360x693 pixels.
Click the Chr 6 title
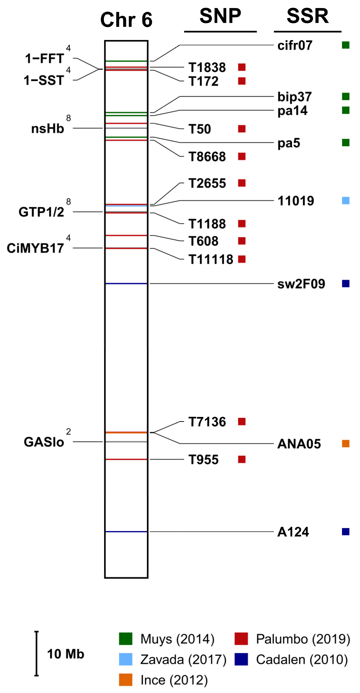tap(126, 20)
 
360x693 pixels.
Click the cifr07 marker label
tap(295, 45)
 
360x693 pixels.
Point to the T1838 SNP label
tap(207, 68)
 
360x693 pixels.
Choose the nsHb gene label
tap(48, 129)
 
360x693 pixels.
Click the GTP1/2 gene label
tap(41, 212)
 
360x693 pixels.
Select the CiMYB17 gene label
tap(35, 248)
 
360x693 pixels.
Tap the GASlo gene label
tap(44, 442)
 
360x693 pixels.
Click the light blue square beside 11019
tap(345, 201)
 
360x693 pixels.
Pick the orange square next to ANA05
tap(345, 444)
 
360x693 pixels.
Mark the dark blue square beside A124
tap(345, 532)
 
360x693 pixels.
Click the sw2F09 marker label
tap(301, 284)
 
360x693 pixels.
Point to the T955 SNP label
tap(203, 460)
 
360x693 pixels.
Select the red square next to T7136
tap(242, 422)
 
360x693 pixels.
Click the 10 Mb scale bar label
tap(65, 654)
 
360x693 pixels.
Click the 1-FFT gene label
tap(44, 59)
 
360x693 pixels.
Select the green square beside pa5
tap(345, 143)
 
